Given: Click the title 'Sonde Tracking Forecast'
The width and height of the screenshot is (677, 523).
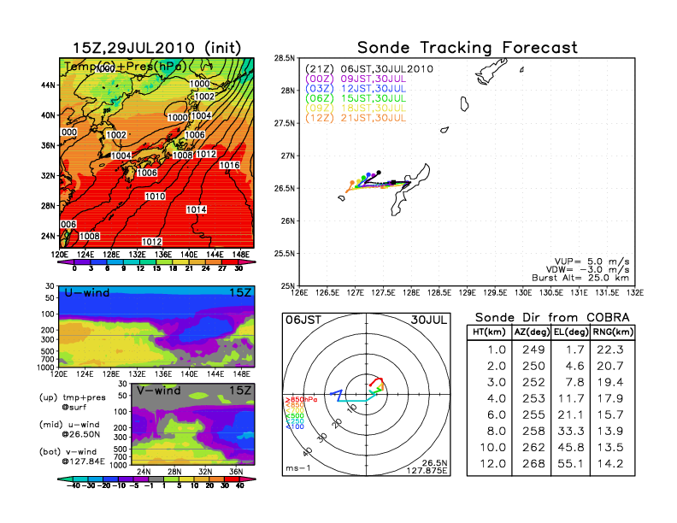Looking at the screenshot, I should point(467,47).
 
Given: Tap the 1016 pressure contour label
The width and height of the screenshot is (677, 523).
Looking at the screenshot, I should point(229,165).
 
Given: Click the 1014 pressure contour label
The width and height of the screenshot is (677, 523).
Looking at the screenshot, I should point(196,209).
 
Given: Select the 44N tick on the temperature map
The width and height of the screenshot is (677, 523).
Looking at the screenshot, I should point(49,85).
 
